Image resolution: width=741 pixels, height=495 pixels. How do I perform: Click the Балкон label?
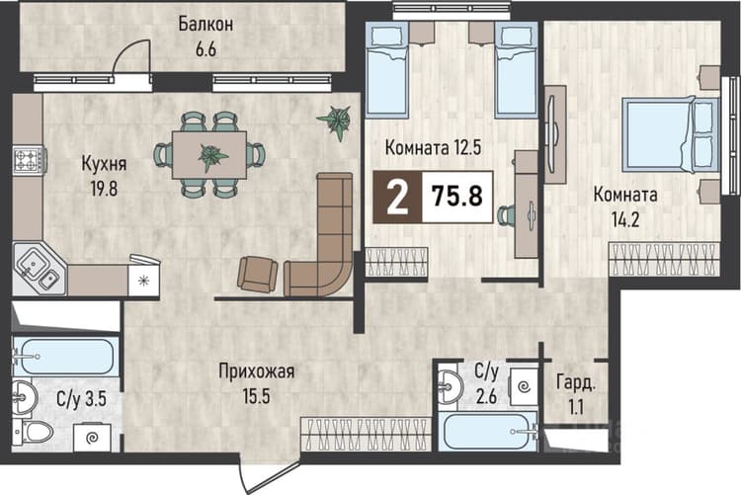coord(206,24)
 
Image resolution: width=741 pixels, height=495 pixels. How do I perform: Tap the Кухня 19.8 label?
coord(104,176)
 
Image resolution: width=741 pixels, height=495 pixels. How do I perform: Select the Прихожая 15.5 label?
coord(256,383)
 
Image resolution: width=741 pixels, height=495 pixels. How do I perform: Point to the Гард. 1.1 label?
coord(576,394)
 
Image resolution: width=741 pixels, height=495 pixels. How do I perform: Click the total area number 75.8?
coord(457,196)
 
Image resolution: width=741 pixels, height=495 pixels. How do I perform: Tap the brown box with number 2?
coord(397,197)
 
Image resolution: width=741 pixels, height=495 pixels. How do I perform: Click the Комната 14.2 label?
coord(625,207)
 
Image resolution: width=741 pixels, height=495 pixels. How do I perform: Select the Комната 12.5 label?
coord(433,147)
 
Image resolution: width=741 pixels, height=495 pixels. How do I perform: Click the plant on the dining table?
coord(212,155)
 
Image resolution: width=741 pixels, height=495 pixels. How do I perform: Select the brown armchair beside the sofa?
coord(257,274)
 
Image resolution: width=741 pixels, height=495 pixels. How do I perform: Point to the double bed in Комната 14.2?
coord(670,134)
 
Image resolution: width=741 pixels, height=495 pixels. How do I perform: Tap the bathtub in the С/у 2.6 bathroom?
coord(488,431)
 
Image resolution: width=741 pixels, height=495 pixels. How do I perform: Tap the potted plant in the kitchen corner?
coord(337,122)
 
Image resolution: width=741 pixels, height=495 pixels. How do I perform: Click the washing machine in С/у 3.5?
coord(92,438)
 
